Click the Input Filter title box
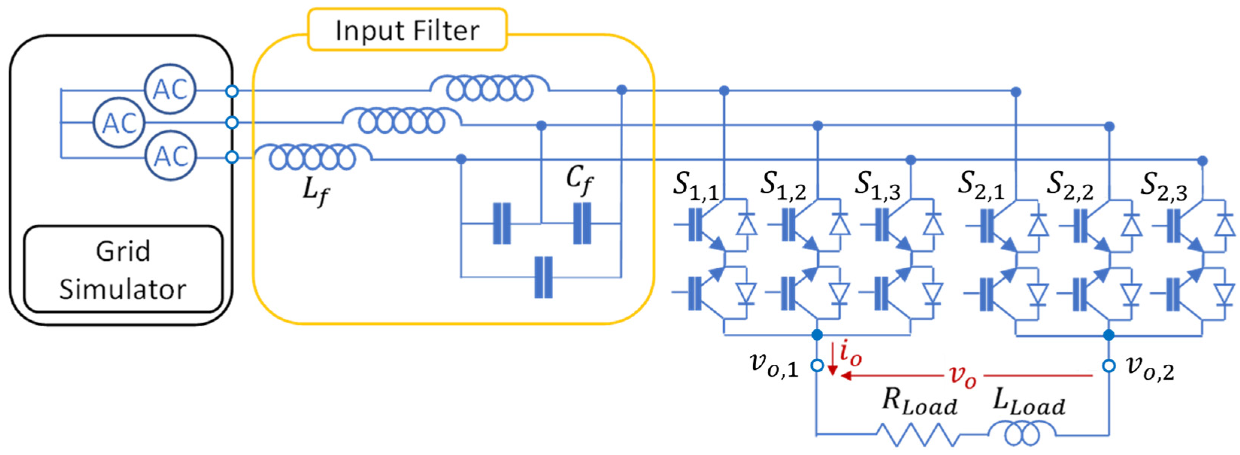(407, 29)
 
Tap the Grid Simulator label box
(123, 269)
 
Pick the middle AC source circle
(119, 122)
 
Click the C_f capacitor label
(579, 181)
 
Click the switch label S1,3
(877, 186)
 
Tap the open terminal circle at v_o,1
(817, 366)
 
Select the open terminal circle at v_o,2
(1109, 366)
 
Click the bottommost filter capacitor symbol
(543, 277)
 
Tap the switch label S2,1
(981, 186)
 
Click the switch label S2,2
(1070, 186)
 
